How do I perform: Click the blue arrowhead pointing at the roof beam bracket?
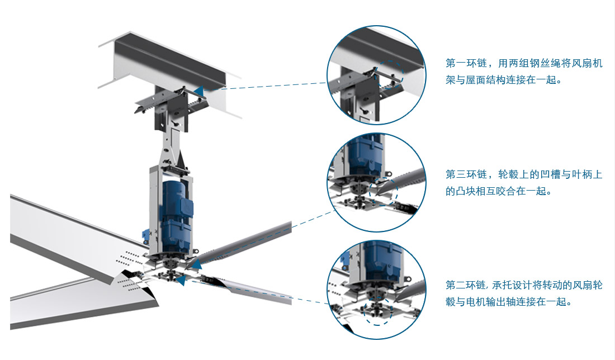click(x=198, y=92)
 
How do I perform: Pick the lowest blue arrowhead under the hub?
click(x=181, y=280)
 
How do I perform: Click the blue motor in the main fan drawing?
click(x=176, y=216)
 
